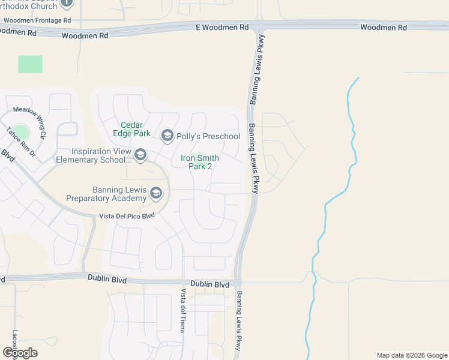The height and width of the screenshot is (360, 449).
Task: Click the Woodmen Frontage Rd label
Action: pos(37,20)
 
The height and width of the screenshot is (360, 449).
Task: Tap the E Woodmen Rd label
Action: pos(222,28)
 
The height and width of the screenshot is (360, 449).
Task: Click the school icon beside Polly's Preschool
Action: pos(167,136)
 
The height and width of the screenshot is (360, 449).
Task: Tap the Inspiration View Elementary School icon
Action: pos(140,155)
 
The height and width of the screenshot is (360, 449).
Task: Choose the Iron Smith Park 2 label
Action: pos(200,162)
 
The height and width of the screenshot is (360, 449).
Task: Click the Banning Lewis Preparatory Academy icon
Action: pos(156,193)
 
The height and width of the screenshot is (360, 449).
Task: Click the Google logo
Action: pos(20,353)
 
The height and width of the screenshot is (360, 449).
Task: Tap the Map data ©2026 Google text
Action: pos(411,355)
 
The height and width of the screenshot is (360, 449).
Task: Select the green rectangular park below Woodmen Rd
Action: pos(30,64)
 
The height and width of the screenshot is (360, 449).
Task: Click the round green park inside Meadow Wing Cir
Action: pos(21,133)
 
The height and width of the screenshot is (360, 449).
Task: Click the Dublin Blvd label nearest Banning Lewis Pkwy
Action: pos(209,284)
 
